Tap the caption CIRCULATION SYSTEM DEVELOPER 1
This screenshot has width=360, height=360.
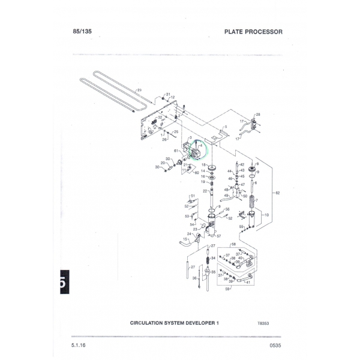tap(175, 322)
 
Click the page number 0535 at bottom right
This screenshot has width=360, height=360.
tap(275, 344)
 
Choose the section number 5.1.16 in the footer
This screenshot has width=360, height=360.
tap(79, 344)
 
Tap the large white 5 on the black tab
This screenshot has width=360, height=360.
tap(63, 283)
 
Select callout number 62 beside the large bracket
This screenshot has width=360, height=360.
tap(277, 193)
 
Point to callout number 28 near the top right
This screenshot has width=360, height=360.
tap(258, 114)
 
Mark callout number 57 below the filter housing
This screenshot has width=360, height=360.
tap(219, 236)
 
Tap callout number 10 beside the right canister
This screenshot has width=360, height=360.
tap(266, 215)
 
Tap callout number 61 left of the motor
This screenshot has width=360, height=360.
tap(176, 151)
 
